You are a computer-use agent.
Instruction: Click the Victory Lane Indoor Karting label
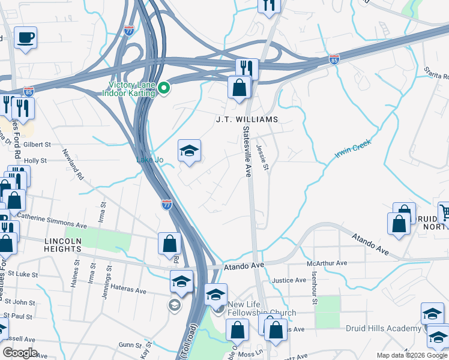click(x=131, y=89)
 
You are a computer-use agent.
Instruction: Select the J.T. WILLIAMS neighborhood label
click(x=247, y=119)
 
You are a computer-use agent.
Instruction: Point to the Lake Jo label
click(x=150, y=160)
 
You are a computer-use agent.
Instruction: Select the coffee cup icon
click(x=25, y=38)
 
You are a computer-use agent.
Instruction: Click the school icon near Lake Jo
click(x=189, y=151)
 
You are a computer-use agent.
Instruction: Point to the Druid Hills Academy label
click(x=384, y=328)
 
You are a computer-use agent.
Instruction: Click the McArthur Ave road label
click(x=327, y=263)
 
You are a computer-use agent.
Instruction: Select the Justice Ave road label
click(x=289, y=280)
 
